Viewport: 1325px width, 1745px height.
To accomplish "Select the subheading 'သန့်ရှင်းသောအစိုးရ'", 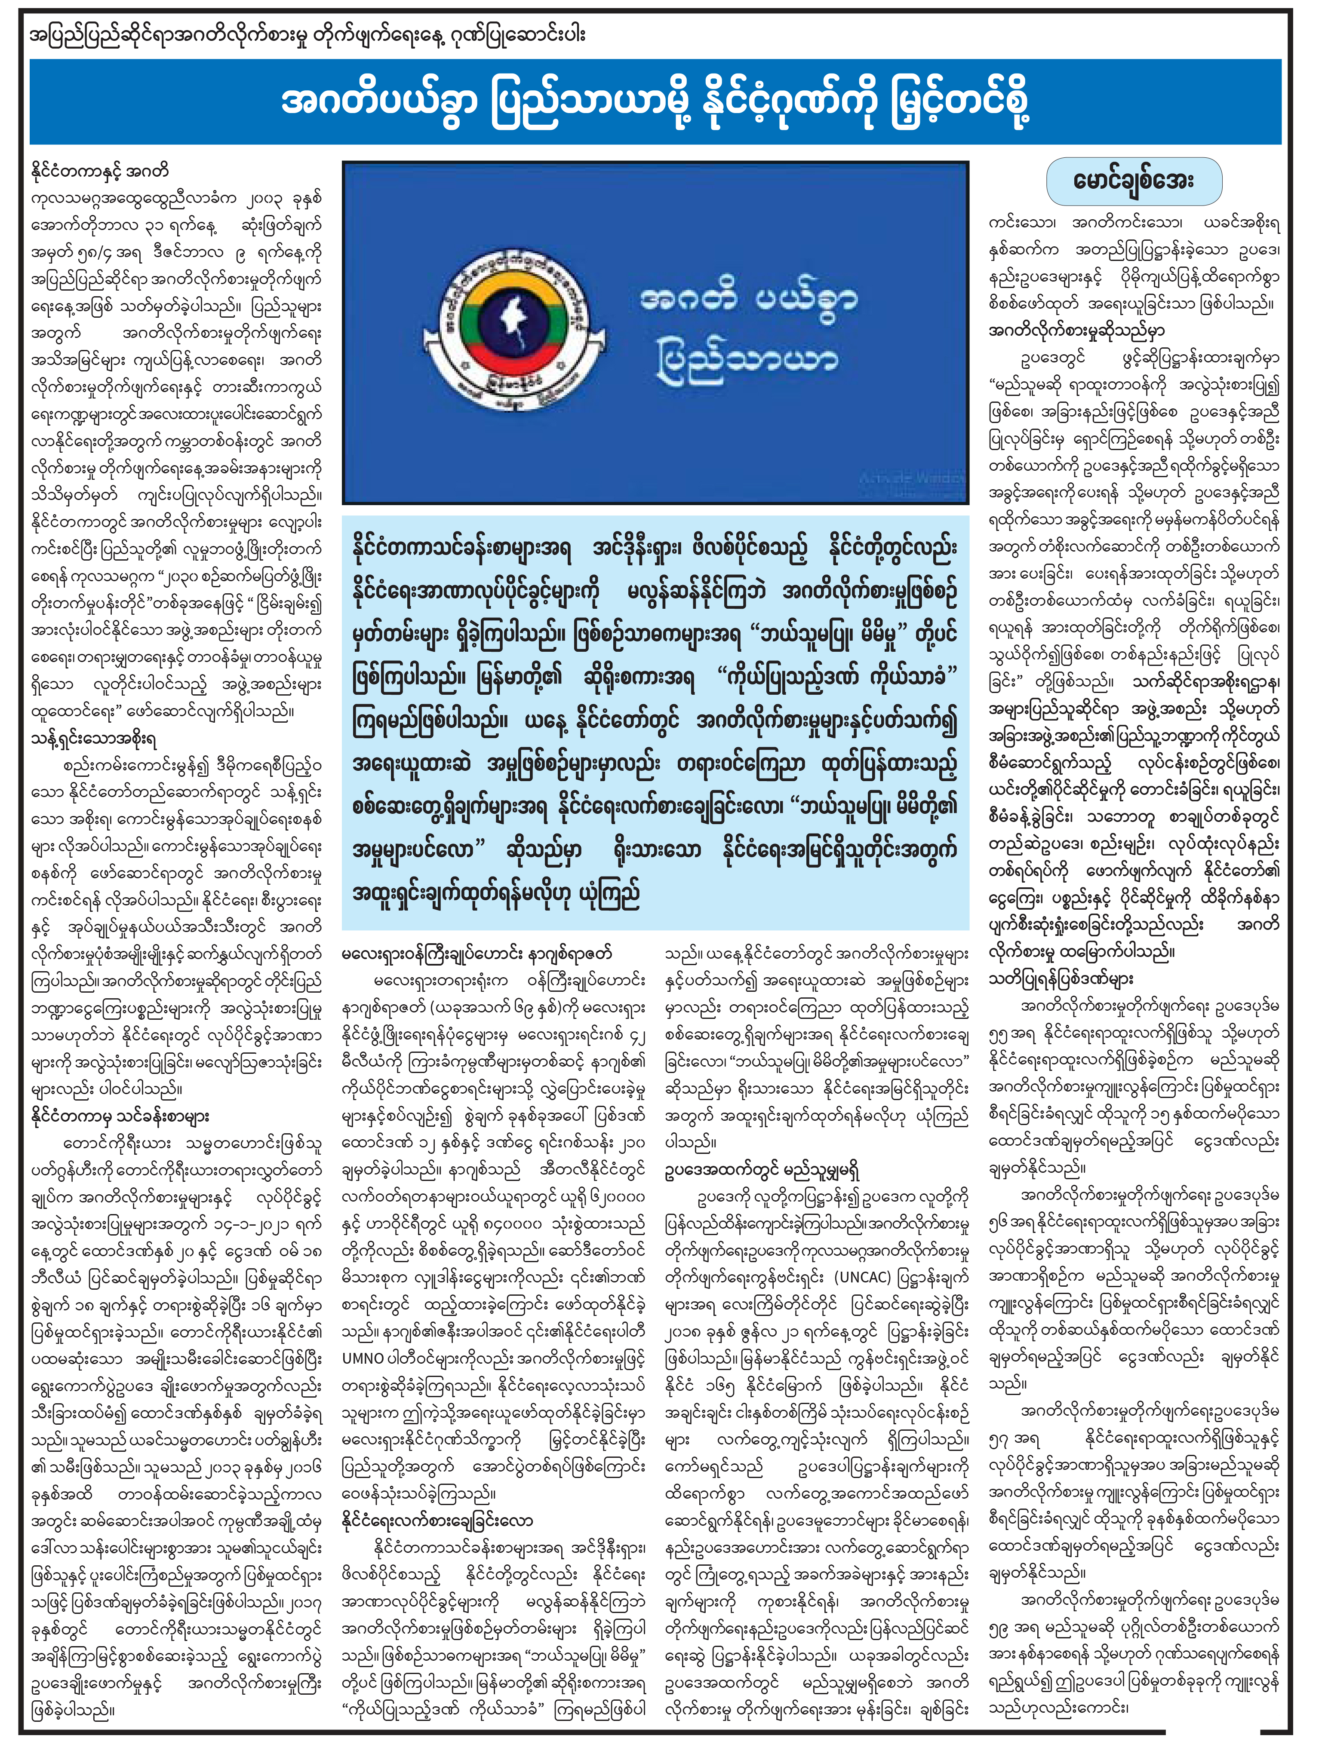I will click(x=93, y=739).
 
